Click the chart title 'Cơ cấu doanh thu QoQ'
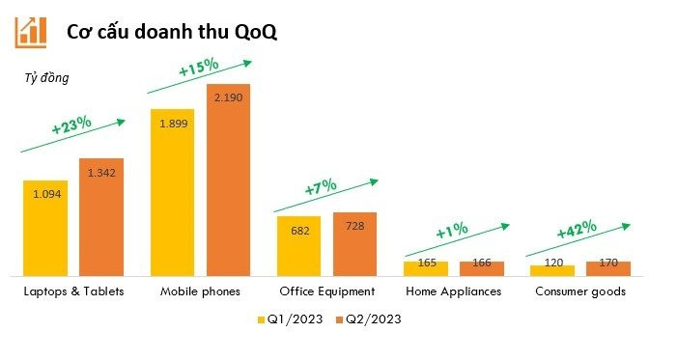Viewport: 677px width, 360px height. point(171,31)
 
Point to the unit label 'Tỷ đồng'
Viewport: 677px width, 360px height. point(46,78)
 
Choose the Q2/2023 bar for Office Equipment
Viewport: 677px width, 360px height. point(354,244)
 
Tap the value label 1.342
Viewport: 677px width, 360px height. point(101,173)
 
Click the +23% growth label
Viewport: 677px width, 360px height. point(71,125)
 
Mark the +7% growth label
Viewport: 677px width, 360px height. point(322,187)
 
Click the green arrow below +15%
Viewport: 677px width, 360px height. point(198,78)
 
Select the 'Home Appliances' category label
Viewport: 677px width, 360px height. point(453,291)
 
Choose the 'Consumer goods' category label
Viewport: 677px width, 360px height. point(580,291)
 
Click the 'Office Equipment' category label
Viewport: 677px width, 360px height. point(326,291)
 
